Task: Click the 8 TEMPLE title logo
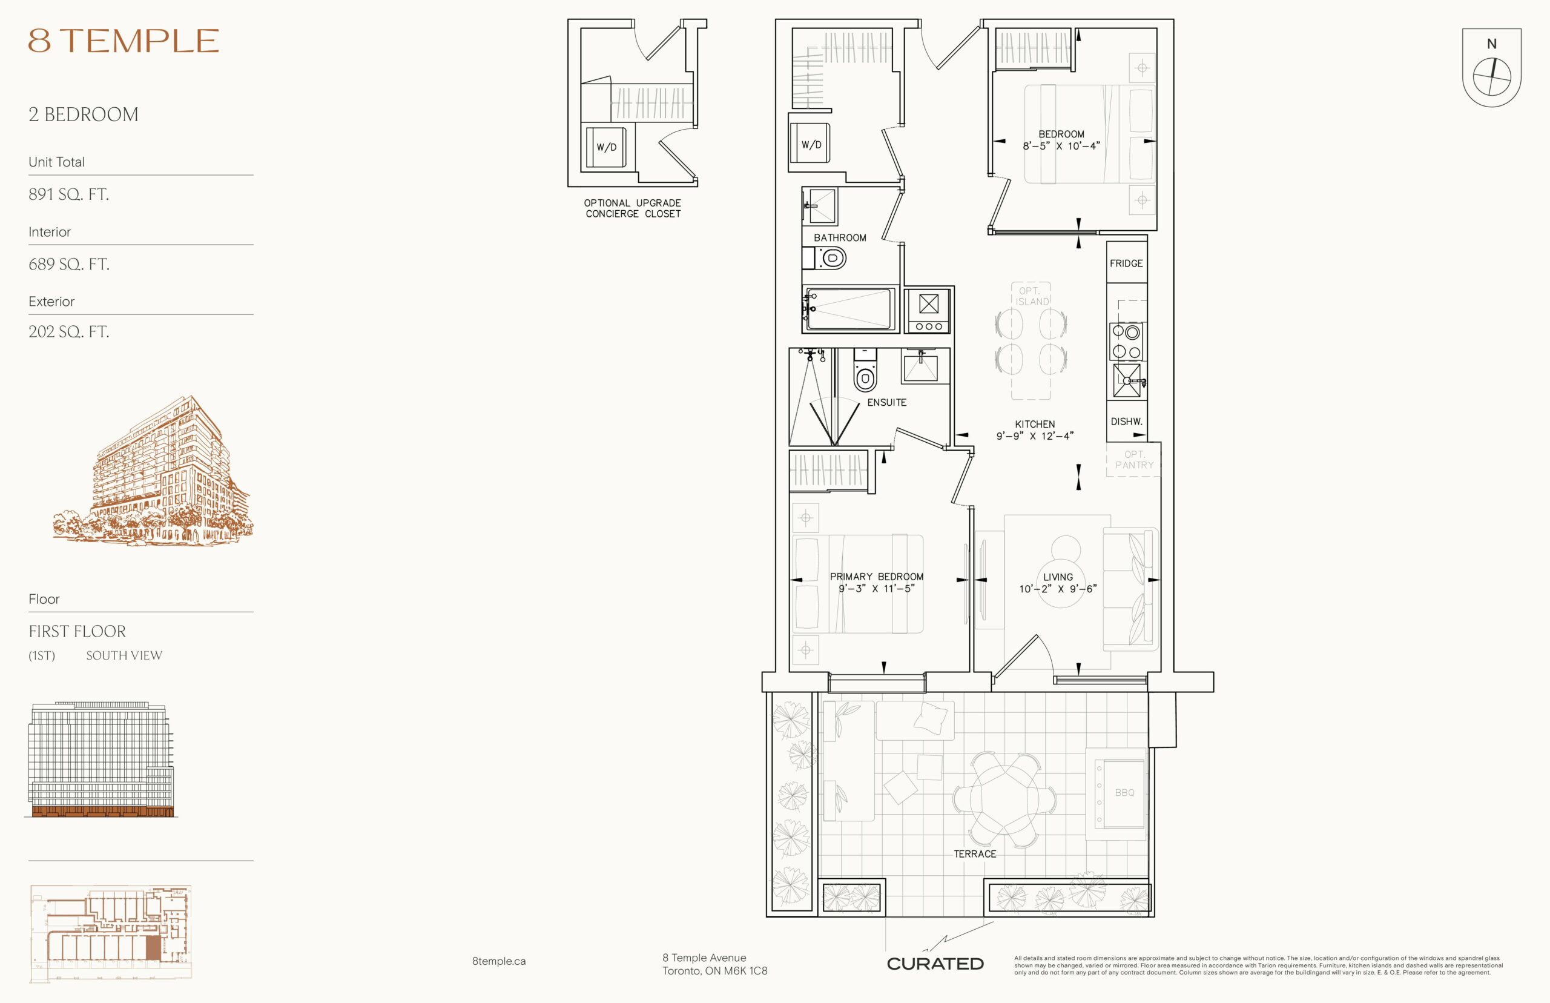point(123,41)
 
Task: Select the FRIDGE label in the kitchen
point(1126,263)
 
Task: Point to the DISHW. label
point(1126,422)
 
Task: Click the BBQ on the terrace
point(1120,793)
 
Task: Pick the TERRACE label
point(975,854)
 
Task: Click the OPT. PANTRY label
point(1134,460)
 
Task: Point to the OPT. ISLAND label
point(1032,296)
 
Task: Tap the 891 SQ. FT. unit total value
point(68,194)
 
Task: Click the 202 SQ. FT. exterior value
point(68,331)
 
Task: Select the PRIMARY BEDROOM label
point(876,577)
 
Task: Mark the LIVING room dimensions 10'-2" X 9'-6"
point(1058,589)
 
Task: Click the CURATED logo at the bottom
point(935,964)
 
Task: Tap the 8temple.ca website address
point(499,961)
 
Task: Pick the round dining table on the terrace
point(1005,799)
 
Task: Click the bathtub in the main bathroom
point(848,310)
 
